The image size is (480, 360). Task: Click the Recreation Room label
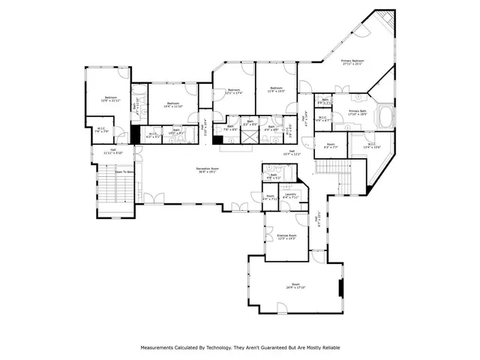coord(207,170)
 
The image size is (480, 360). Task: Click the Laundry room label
coord(291,196)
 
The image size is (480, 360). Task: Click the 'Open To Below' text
coord(124,171)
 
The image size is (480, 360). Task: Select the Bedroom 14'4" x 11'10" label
coord(172,104)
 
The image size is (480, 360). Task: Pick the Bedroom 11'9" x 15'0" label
coord(276,89)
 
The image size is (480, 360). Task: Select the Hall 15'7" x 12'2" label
coord(292,152)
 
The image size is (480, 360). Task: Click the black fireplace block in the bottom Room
coord(342,288)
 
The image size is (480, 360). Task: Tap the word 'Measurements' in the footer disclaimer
coord(157,348)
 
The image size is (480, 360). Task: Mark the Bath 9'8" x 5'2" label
coord(273,177)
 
